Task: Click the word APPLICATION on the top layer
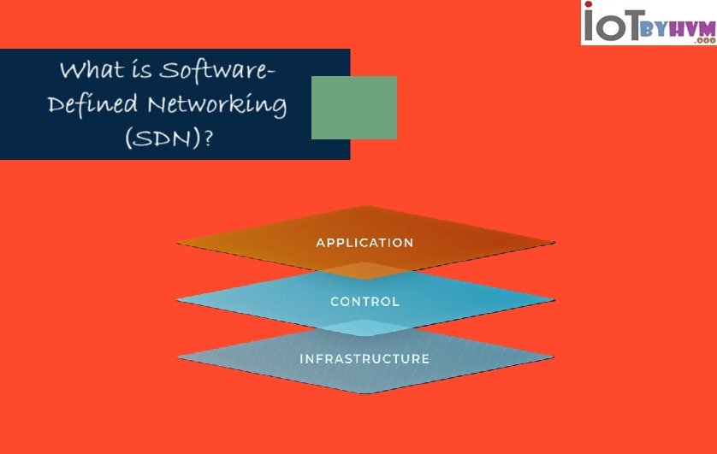[364, 243]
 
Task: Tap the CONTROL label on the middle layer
[364, 302]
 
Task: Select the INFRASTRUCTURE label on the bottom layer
[364, 359]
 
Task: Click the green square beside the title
[353, 108]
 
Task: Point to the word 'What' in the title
[87, 70]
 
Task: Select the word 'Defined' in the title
[92, 105]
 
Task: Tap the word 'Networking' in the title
[217, 106]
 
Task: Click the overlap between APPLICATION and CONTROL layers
[365, 270]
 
